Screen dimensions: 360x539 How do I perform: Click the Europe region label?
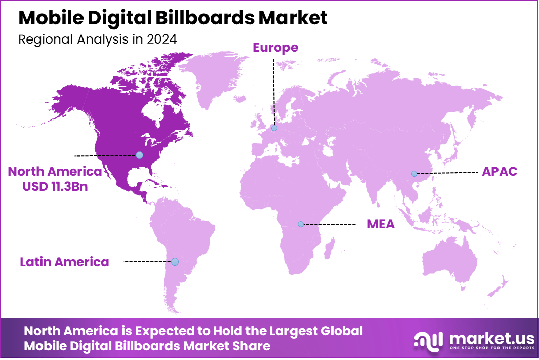click(275, 48)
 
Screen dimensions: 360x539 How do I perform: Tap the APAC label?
click(499, 171)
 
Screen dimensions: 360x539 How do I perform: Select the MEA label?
click(381, 224)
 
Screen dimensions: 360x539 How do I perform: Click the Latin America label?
click(64, 262)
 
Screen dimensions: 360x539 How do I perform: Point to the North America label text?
click(55, 172)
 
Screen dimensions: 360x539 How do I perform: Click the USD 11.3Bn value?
click(55, 186)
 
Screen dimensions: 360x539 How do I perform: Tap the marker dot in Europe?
click(274, 128)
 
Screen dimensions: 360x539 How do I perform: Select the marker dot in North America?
click(139, 155)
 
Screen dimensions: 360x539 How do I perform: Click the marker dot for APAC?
click(414, 174)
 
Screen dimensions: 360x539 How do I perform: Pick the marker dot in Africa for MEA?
click(300, 224)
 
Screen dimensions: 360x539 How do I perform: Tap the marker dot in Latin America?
click(175, 262)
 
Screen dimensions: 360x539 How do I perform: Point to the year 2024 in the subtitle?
click(162, 39)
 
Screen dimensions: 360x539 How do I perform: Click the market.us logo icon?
click(428, 340)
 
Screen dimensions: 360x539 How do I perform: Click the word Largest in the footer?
click(290, 331)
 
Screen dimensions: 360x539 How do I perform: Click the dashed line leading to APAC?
click(448, 173)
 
